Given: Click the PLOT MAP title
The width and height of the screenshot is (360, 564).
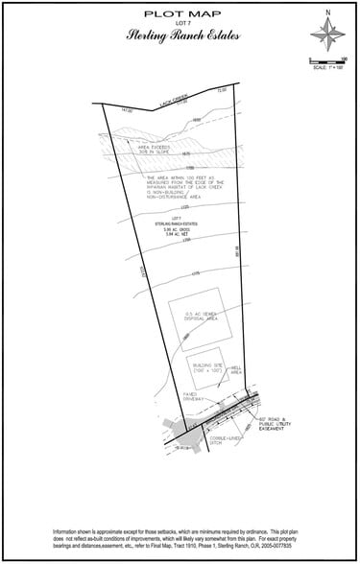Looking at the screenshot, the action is (x=180, y=14).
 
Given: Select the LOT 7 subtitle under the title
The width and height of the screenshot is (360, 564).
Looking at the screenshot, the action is (x=180, y=25).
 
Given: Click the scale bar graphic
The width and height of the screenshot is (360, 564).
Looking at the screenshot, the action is (x=326, y=61).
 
